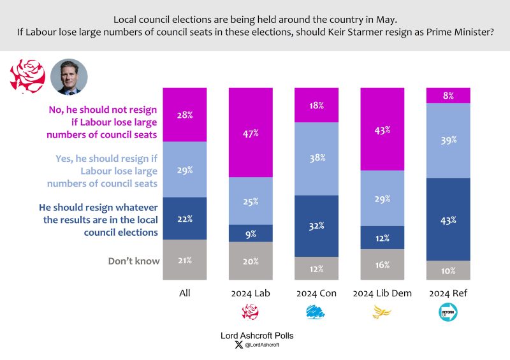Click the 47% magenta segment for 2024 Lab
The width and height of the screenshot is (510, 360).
251,132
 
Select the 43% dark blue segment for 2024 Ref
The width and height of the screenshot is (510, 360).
448,219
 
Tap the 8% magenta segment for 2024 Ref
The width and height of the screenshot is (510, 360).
448,95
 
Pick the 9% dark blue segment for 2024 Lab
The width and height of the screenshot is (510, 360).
251,233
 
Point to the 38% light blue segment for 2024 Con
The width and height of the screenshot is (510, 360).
316,158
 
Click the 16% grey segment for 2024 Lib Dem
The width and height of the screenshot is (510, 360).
382,264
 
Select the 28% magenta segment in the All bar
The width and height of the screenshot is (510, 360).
185,115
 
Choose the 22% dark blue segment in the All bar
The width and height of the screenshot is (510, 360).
185,219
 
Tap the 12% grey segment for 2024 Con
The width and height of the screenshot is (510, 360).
316,268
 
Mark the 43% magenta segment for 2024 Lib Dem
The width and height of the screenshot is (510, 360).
382,129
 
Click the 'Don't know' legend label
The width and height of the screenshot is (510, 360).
133,260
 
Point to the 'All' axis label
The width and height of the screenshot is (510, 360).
185,294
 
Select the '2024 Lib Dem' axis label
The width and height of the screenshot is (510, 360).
382,294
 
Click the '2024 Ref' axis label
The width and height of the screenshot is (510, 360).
448,294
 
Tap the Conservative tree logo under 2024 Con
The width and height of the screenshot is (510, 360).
316,312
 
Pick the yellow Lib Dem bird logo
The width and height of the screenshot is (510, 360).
382,312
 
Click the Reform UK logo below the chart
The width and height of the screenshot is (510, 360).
448,312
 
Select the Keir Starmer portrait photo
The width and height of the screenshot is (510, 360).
68,77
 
